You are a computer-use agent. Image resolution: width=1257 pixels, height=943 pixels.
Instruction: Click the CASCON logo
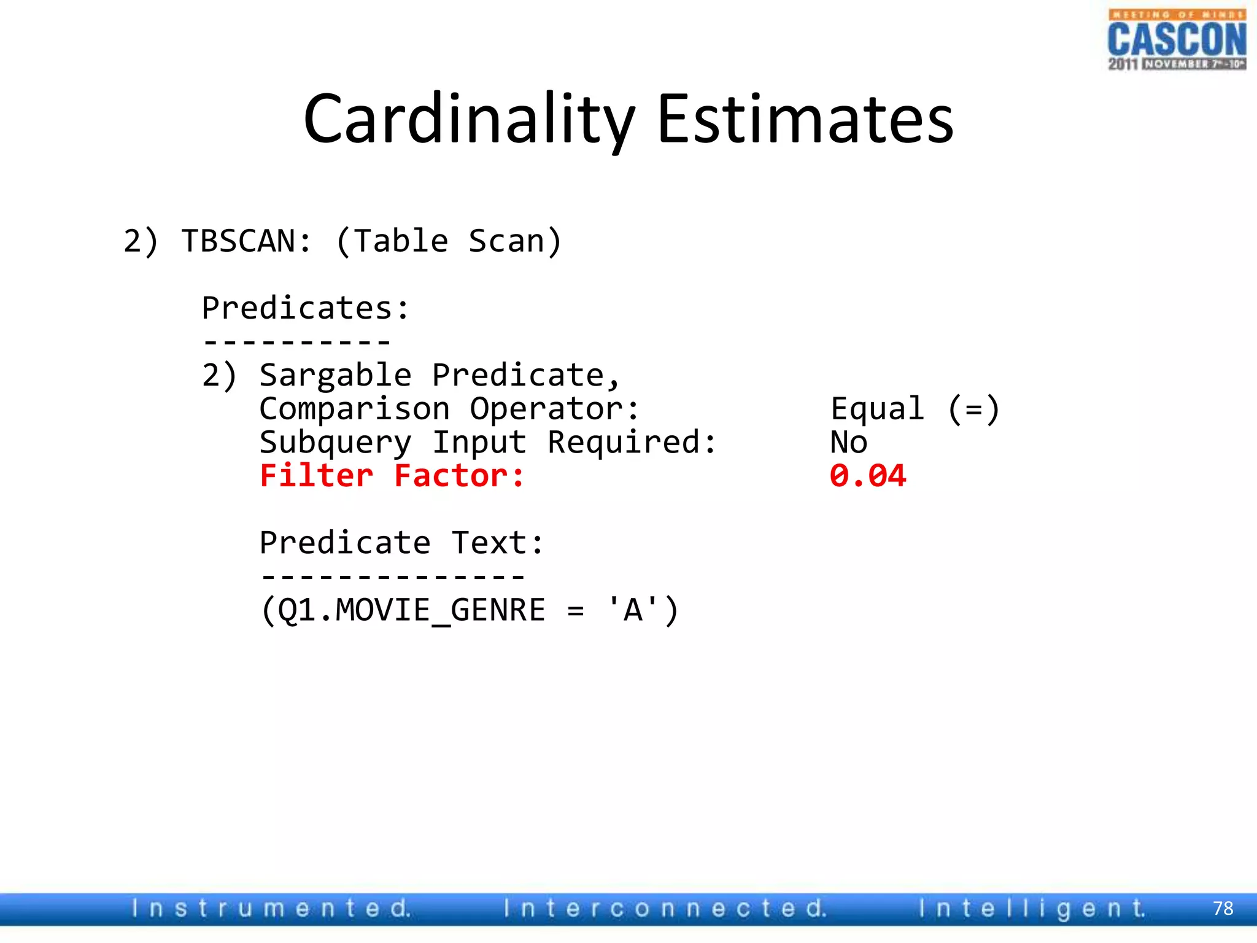[x=1177, y=40]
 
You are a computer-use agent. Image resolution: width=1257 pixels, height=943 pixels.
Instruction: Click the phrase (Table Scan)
[x=449, y=241]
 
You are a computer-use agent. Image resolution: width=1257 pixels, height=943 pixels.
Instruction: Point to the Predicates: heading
[x=305, y=308]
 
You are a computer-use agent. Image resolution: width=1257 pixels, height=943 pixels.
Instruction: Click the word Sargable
[x=335, y=375]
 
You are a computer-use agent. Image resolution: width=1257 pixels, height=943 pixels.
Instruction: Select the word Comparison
[x=355, y=409]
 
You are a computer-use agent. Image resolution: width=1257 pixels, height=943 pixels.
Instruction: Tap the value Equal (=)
[x=915, y=409]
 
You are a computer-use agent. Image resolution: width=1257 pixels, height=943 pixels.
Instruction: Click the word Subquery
[x=335, y=443]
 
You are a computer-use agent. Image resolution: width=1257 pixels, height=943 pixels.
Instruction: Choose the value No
[x=849, y=443]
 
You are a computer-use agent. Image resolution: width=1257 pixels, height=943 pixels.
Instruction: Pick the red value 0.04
[x=868, y=476]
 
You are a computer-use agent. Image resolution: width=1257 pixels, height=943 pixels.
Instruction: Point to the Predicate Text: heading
[x=402, y=543]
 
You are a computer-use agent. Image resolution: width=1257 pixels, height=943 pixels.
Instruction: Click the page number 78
[x=1223, y=908]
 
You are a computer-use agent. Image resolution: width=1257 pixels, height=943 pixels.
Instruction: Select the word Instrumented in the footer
[x=271, y=908]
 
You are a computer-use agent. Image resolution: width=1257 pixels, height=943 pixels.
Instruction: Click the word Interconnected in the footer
[x=665, y=908]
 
